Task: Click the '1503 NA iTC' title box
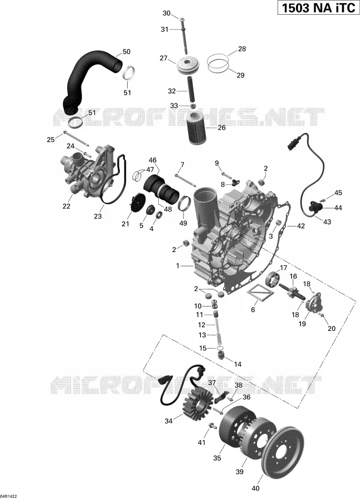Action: pos(318,8)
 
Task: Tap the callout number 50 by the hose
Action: pos(126,51)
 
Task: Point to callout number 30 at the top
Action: pos(167,13)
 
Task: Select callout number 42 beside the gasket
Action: pos(301,226)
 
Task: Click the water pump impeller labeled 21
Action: pos(138,203)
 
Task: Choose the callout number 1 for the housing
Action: pos(178,265)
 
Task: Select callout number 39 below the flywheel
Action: pos(240,472)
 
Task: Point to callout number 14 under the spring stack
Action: pos(238,365)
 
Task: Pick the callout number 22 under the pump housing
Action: pos(66,206)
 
